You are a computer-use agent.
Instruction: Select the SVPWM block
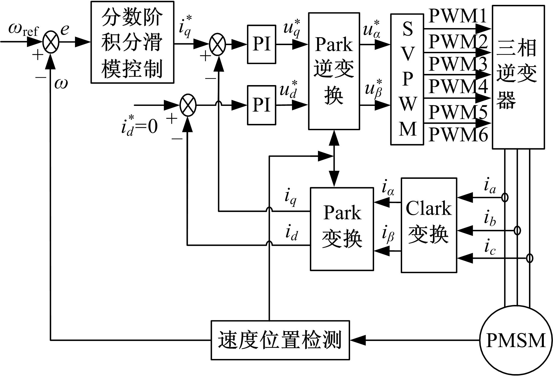(x=407, y=79)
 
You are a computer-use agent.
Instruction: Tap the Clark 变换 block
(x=429, y=225)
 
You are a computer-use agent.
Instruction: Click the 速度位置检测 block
(x=280, y=340)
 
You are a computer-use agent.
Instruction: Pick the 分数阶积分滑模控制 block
(x=132, y=42)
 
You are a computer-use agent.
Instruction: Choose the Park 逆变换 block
(x=334, y=71)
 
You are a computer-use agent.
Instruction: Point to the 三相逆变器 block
(x=518, y=77)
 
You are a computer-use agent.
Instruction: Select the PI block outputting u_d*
(x=262, y=105)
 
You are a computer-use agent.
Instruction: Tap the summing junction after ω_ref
(x=51, y=42)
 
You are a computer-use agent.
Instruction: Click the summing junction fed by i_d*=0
(x=188, y=105)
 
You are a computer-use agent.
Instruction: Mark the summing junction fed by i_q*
(x=218, y=44)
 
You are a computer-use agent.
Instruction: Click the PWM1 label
(x=457, y=16)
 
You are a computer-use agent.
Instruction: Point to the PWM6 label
(x=458, y=135)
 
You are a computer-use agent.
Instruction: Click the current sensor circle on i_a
(x=505, y=198)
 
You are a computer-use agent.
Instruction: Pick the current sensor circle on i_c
(x=530, y=258)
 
